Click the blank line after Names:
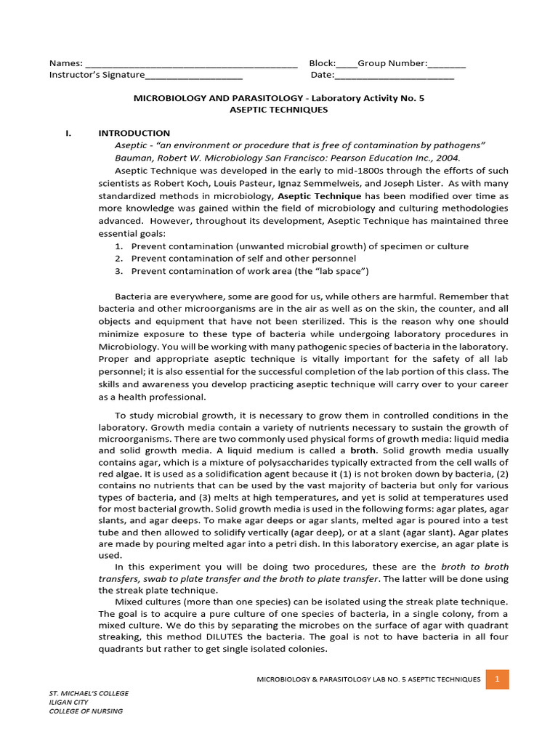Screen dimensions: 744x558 click(191, 65)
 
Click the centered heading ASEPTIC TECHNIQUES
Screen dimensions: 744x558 click(278, 110)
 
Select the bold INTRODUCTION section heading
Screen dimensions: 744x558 click(134, 133)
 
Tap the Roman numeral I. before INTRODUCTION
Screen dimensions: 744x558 click(68, 133)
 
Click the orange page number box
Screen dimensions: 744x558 click(498, 679)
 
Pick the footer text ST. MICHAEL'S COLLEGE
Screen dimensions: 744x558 click(89, 693)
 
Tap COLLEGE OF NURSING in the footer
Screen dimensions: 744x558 click(86, 711)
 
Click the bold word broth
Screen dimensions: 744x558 click(363, 450)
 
